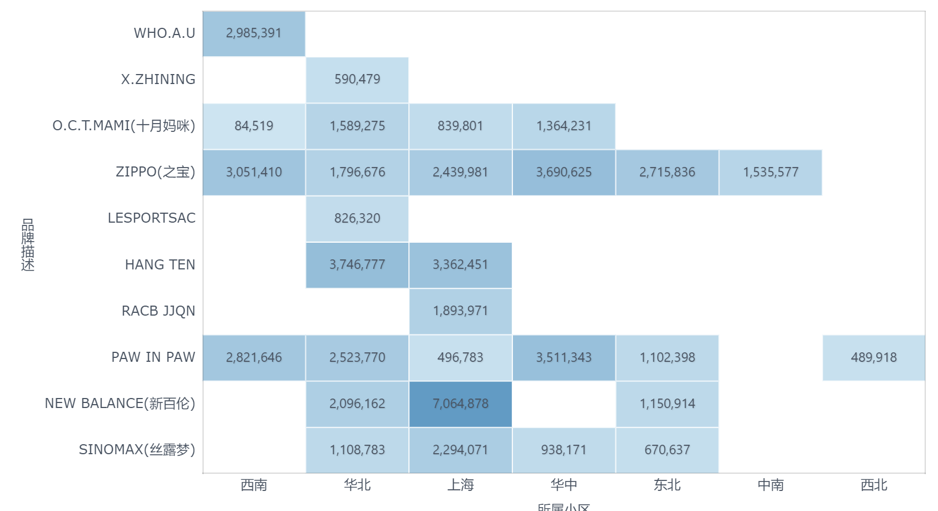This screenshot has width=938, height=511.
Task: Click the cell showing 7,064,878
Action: pyautogui.click(x=460, y=404)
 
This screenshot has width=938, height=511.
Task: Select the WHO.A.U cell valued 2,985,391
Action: pyautogui.click(x=254, y=33)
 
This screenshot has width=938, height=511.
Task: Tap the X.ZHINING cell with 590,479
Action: pyautogui.click(x=357, y=80)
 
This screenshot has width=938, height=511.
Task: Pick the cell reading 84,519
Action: pyautogui.click(x=254, y=126)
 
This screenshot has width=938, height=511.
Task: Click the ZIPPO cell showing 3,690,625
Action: pyautogui.click(x=564, y=172)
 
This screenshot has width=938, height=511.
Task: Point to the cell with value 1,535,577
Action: pyautogui.click(x=771, y=172)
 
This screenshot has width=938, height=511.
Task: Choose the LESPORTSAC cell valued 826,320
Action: pyautogui.click(x=357, y=218)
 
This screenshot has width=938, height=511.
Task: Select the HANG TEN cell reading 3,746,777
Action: pyautogui.click(x=357, y=264)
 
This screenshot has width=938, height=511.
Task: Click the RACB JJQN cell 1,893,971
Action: pyautogui.click(x=460, y=311)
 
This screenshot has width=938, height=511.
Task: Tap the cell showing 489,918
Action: pyautogui.click(x=873, y=357)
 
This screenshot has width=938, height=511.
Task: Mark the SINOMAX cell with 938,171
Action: pyautogui.click(x=564, y=450)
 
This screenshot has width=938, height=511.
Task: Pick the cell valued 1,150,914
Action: pyautogui.click(x=667, y=404)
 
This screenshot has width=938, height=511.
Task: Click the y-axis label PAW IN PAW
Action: pyautogui.click(x=153, y=357)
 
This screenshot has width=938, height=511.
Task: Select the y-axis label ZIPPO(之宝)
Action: pyautogui.click(x=155, y=172)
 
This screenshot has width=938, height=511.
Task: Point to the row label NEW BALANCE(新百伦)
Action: pyautogui.click(x=120, y=404)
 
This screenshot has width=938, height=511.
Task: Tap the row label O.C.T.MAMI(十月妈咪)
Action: pyautogui.click(x=124, y=126)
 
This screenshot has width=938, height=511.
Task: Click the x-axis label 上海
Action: pyautogui.click(x=461, y=485)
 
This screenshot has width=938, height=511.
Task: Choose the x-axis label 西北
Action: pyautogui.click(x=873, y=485)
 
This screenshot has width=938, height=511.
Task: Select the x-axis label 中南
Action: pyautogui.click(x=771, y=485)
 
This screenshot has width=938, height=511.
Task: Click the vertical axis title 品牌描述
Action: pyautogui.click(x=28, y=245)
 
